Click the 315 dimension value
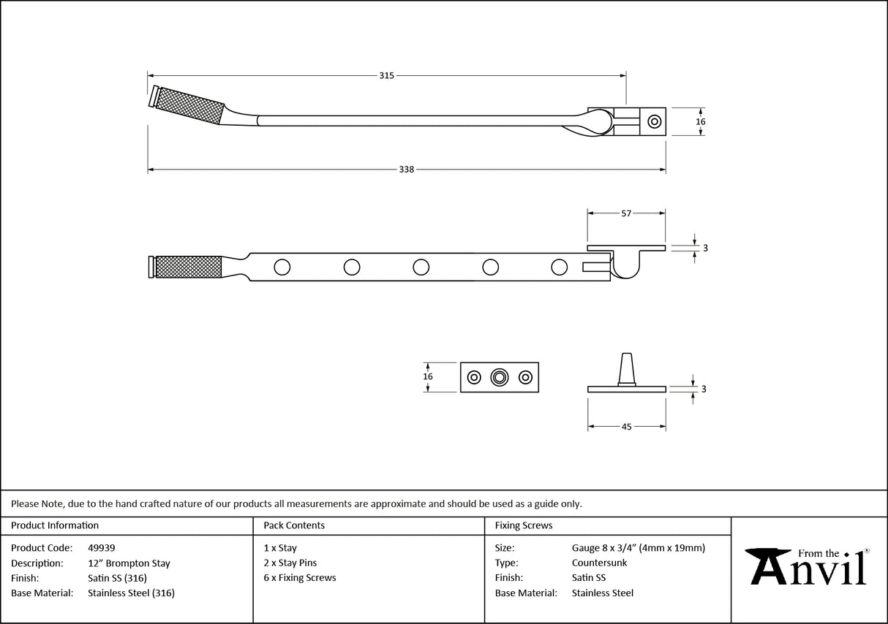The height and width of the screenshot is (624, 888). (387, 75)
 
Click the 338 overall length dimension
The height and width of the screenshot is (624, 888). (407, 170)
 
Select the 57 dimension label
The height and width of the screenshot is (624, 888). (626, 213)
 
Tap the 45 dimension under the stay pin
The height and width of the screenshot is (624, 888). (626, 427)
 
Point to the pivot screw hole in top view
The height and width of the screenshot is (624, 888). (654, 121)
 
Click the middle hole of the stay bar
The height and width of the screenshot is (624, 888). (421, 267)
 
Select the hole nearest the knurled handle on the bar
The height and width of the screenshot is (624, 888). (282, 267)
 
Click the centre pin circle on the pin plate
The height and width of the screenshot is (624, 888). (500, 377)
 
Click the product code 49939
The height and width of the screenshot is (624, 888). (101, 548)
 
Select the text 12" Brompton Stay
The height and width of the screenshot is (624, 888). (129, 563)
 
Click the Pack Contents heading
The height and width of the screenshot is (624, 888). (294, 525)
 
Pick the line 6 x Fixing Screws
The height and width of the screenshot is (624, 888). (300, 578)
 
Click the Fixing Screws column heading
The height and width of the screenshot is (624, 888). (524, 525)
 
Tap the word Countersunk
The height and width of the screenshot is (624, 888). (599, 563)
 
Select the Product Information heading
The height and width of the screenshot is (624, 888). (55, 525)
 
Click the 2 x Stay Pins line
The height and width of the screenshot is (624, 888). (290, 563)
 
